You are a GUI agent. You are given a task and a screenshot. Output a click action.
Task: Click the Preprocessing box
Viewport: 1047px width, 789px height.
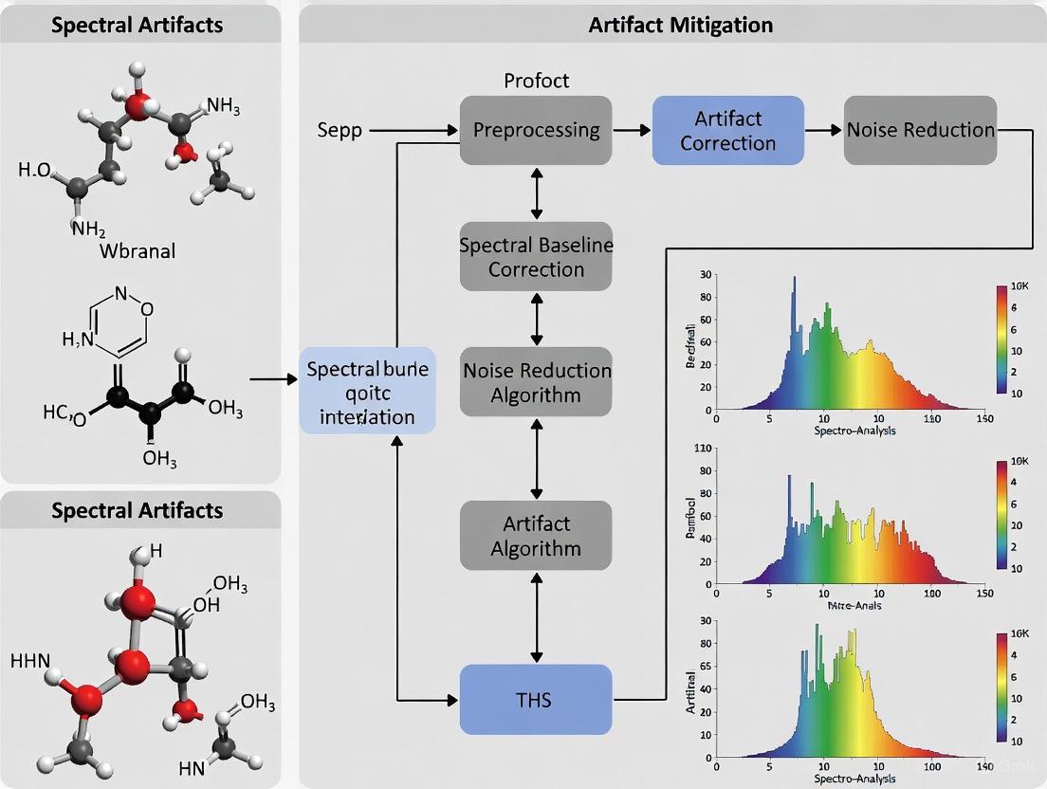(536, 130)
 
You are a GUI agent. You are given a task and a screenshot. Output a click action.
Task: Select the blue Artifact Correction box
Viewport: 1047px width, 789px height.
(727, 130)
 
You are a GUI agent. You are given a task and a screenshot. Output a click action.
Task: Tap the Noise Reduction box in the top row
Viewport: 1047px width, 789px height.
(920, 130)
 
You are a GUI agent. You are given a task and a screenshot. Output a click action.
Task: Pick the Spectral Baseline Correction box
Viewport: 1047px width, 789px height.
(536, 257)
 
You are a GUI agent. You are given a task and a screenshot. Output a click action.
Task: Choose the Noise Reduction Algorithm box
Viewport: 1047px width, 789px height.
(536, 382)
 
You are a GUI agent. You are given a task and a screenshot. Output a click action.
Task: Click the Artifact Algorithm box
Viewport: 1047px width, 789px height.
(536, 536)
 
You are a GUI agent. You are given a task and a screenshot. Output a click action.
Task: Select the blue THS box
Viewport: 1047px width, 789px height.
(536, 700)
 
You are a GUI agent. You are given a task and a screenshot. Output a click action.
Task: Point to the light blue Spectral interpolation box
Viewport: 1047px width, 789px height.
(368, 391)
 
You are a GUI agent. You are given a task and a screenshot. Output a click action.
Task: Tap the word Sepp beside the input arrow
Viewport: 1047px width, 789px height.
(340, 130)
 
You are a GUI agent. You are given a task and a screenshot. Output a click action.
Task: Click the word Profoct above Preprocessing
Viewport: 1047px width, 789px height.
(536, 81)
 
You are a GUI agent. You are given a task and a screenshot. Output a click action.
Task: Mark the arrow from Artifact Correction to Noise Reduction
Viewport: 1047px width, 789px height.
(823, 130)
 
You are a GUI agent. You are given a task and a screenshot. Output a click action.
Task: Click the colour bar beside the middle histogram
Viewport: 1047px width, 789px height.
(1002, 517)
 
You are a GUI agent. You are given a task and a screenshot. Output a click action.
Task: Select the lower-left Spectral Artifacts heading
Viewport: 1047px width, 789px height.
(138, 510)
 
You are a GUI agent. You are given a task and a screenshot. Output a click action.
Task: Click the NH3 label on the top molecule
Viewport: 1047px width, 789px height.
(223, 106)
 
